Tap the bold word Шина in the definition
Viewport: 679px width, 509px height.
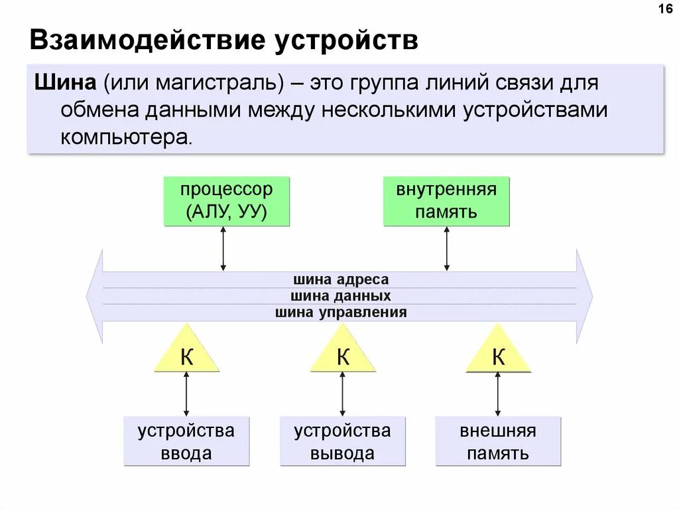click(x=64, y=84)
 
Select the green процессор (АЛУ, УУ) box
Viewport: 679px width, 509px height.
click(x=227, y=201)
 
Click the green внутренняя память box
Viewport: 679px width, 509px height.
click(x=446, y=201)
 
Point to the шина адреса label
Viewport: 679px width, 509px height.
click(x=341, y=279)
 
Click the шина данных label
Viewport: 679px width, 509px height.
click(x=341, y=296)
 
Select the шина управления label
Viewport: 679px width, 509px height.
click(x=341, y=313)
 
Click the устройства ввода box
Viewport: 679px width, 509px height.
click(x=186, y=441)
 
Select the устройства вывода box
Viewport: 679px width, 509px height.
click(x=343, y=441)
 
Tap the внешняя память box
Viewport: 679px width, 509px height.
click(x=498, y=441)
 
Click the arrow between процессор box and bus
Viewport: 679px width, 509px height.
click(x=223, y=248)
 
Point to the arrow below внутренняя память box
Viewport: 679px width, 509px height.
click(x=446, y=248)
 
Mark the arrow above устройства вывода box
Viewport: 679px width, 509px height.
click(x=343, y=394)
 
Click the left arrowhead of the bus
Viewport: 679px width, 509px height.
click(x=95, y=296)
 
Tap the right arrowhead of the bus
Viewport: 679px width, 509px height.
click(x=584, y=296)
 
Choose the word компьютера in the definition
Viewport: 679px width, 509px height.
click(x=127, y=137)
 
